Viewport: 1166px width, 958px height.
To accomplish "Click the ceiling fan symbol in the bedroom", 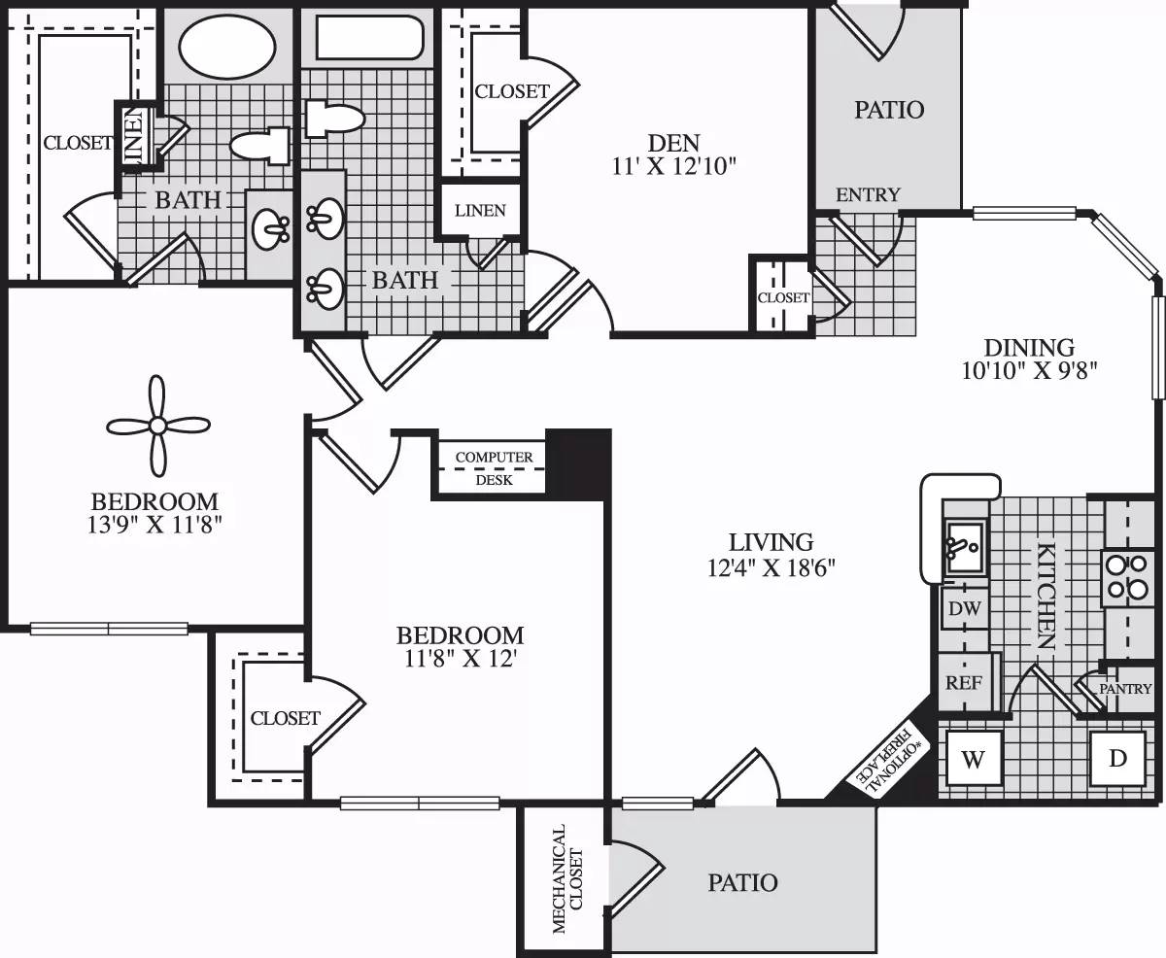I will [156, 425].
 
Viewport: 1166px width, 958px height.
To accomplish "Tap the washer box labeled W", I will [974, 760].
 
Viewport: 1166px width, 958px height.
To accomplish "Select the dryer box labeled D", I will [1117, 759].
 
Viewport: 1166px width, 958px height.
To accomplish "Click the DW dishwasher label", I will [964, 609].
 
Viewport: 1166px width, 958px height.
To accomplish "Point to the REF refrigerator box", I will [963, 682].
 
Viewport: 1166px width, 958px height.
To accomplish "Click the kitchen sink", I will [964, 546].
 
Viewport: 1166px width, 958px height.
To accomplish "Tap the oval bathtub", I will [226, 48].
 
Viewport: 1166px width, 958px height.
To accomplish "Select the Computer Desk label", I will [494, 467].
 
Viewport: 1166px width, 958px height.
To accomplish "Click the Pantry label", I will [1125, 688].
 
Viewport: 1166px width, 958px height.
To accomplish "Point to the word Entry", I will [868, 194].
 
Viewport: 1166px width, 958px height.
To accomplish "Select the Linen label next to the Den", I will [480, 210].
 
